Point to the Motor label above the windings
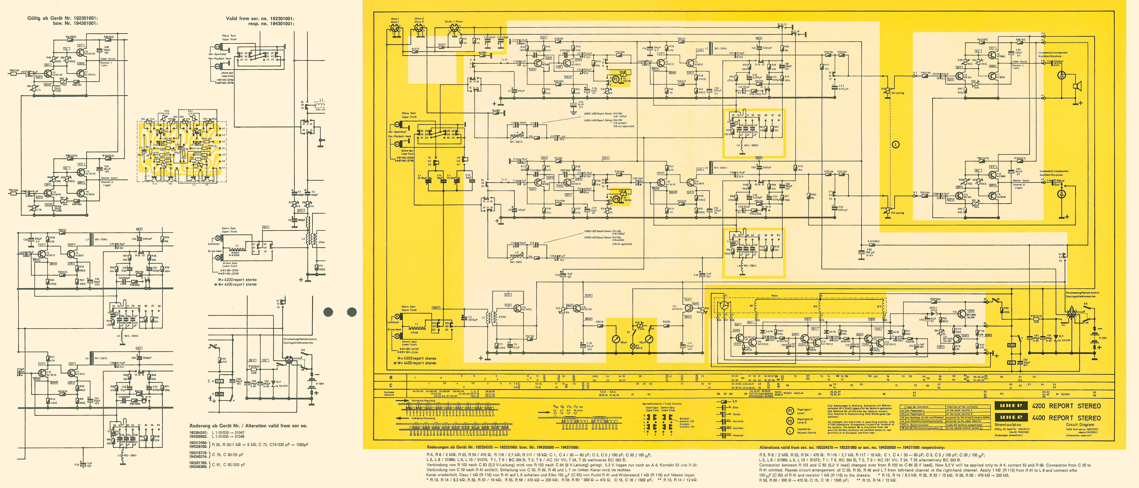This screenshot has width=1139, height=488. (x=774, y=296)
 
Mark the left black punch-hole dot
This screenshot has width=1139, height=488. (x=328, y=312)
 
